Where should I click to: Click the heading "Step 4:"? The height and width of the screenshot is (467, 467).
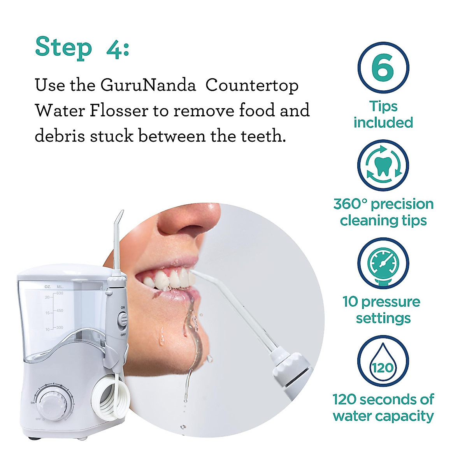(82, 48)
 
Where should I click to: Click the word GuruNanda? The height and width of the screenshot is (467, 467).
(148, 85)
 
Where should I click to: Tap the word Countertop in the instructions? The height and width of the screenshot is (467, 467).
(252, 86)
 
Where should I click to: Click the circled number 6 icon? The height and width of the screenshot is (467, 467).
(383, 67)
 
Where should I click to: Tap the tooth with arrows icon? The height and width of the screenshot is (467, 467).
(383, 165)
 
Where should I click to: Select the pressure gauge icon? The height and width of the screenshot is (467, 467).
(383, 263)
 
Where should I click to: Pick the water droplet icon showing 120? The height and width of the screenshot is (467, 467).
(383, 361)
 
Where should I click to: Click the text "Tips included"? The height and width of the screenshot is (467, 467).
(383, 114)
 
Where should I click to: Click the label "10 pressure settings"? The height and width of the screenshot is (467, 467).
(382, 310)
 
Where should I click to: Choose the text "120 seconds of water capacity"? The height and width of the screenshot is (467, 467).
(383, 407)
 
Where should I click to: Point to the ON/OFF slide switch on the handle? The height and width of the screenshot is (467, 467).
(123, 320)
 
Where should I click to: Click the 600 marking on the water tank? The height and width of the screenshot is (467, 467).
(59, 293)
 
